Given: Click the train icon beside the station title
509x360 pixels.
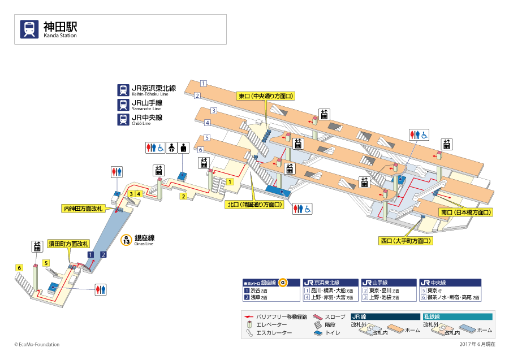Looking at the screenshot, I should (x=29, y=29).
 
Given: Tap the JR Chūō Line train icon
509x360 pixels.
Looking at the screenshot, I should (x=123, y=119).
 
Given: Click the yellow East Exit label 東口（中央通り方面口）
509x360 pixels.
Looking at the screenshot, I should (x=265, y=97).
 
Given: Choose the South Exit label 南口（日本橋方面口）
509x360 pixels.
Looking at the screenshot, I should (x=465, y=212).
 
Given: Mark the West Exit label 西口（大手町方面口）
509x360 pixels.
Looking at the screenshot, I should (x=406, y=241).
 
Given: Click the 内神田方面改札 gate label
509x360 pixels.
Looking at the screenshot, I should (x=83, y=209).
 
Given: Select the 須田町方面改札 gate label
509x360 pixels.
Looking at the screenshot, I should (x=68, y=244).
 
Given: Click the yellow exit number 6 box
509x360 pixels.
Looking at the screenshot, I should (x=19, y=268).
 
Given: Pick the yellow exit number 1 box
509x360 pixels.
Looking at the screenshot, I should (x=230, y=181).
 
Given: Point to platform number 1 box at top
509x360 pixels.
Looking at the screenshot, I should (x=204, y=84).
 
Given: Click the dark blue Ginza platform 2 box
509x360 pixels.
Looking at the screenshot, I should (x=103, y=255).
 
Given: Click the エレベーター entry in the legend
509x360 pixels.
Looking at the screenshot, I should (x=271, y=324).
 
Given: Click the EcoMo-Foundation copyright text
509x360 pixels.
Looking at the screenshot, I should (x=37, y=344).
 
